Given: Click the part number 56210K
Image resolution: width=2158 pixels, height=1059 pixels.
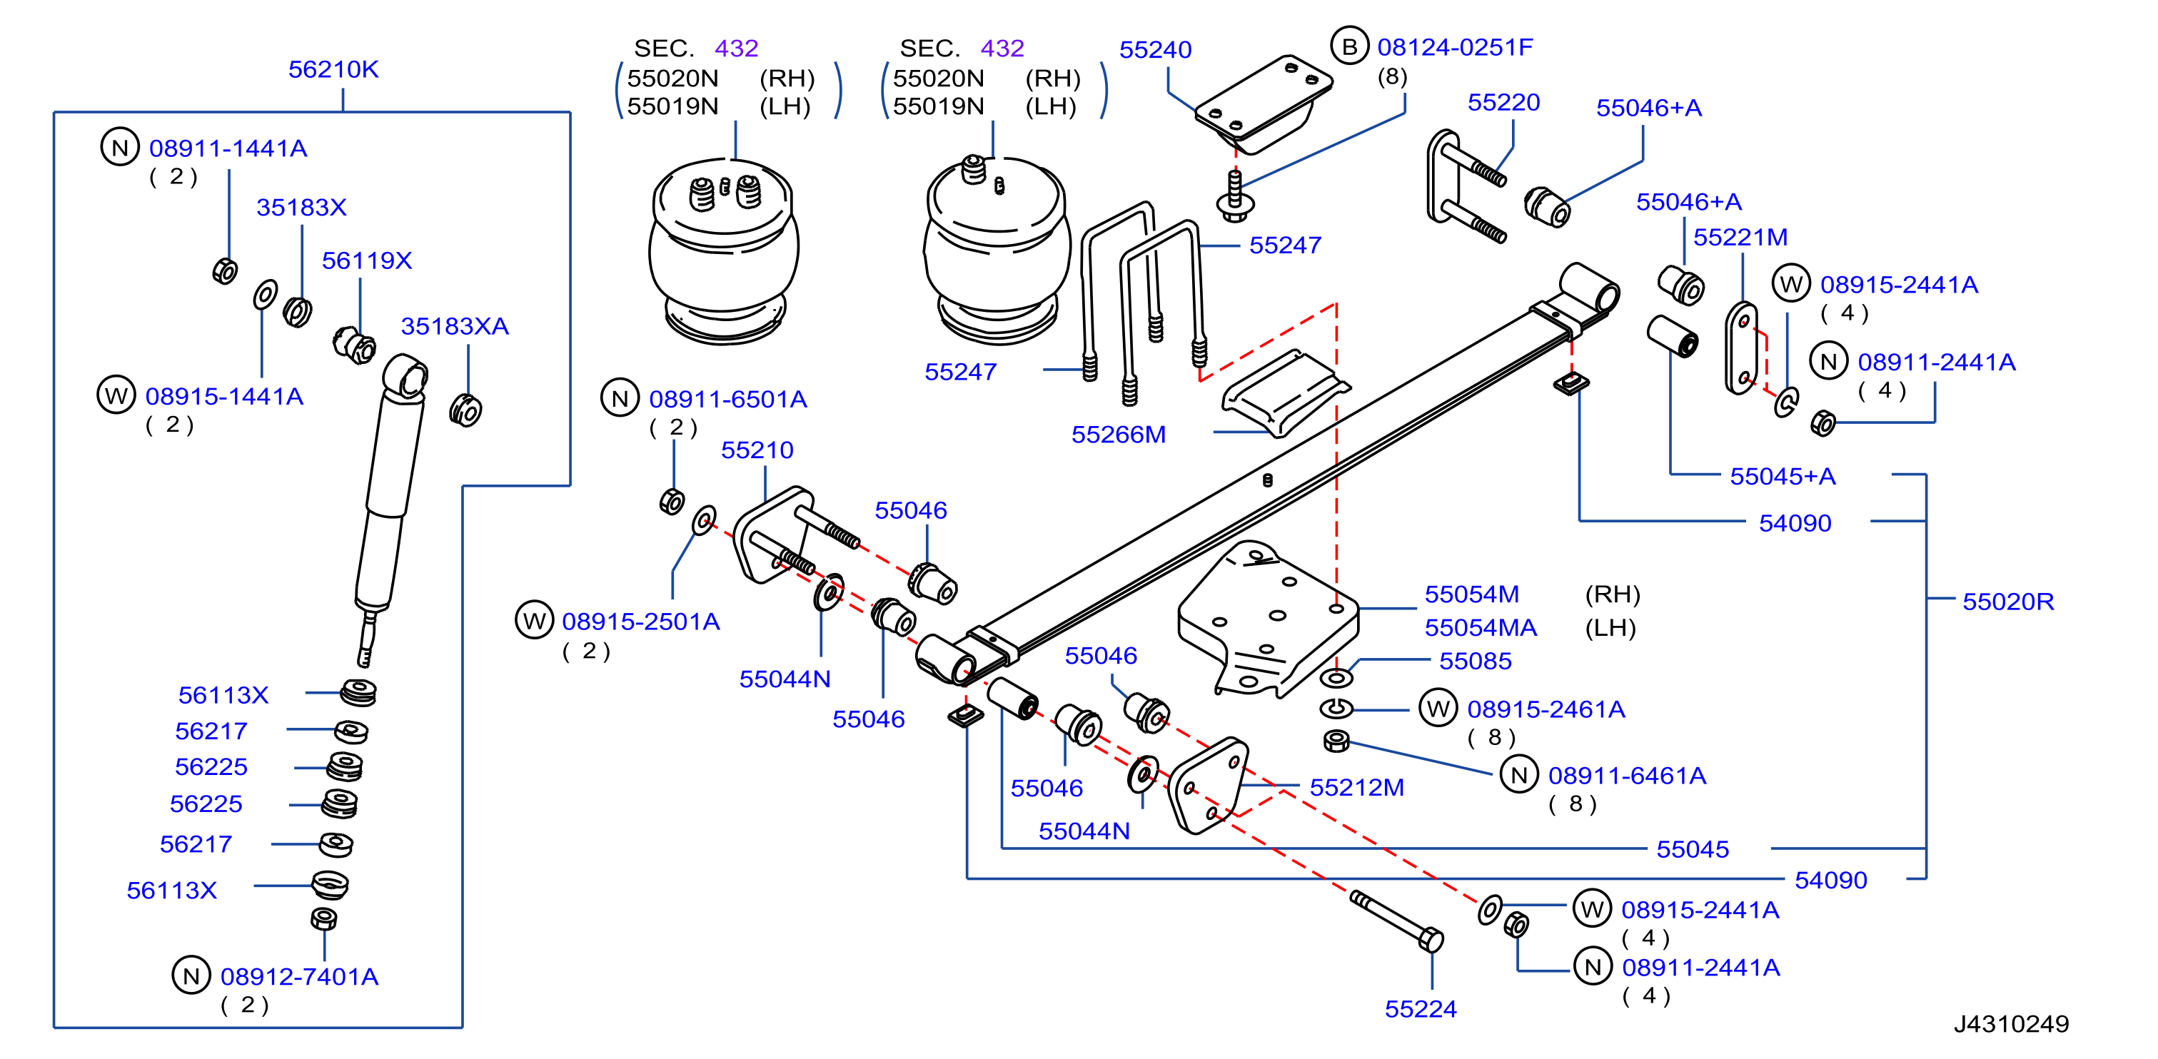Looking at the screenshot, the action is click(333, 69).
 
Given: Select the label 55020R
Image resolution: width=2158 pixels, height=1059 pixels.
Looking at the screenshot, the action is click(2007, 601).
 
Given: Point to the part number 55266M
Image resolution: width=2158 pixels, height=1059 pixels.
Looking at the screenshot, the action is click(1119, 435).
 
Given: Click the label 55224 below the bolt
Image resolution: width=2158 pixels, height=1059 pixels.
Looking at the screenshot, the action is click(1420, 1009).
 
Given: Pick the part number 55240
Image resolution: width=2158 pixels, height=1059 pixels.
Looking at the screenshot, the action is click(1155, 50).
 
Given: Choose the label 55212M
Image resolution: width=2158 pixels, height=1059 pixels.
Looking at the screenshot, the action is click(1356, 787).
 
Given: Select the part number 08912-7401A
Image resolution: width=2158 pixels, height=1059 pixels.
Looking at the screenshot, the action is click(299, 976).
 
